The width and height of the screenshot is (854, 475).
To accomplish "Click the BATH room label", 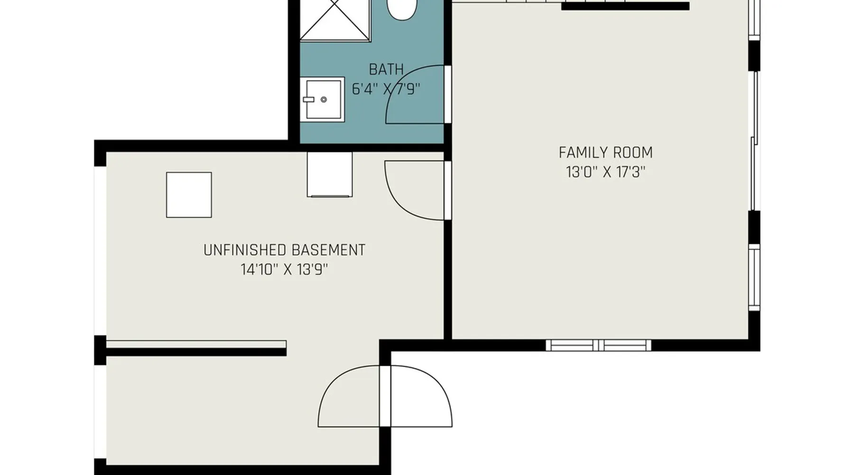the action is pos(386,69).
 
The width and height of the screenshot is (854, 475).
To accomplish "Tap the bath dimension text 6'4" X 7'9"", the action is pos(386,89).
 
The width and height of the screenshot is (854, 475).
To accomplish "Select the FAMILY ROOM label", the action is pos(605,152).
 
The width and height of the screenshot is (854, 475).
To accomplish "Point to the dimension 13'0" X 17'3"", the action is pos(605,172).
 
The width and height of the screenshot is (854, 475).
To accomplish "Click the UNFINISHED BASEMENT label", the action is pos(284,250).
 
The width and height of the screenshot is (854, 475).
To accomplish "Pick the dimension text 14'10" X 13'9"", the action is pos(284,270).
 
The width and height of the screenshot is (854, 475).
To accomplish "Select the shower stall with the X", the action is pos(335,20).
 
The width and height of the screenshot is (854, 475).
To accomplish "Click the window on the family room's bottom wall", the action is pos(598,345).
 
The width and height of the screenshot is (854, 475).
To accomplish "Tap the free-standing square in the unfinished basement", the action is pos(189,195).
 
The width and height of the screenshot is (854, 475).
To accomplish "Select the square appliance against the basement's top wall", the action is pos(330,174).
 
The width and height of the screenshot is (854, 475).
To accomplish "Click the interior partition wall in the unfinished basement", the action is pos(196,348).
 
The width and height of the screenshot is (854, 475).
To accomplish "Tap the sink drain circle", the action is pos(324,100).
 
